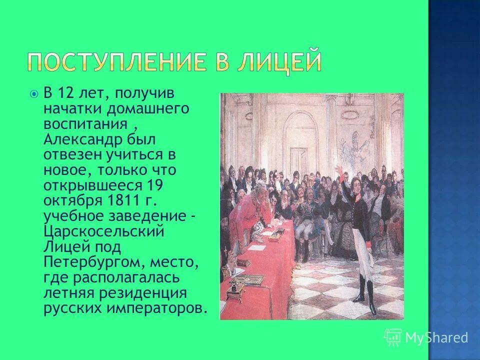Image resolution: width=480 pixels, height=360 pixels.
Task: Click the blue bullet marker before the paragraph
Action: click(x=33, y=93)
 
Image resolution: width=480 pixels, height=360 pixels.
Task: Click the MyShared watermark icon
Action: click(x=393, y=337)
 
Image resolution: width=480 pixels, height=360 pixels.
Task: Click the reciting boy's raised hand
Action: click(x=340, y=171)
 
